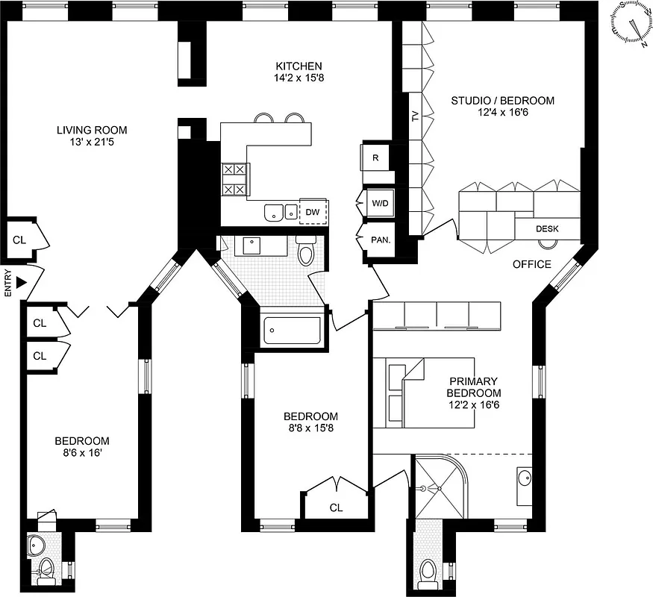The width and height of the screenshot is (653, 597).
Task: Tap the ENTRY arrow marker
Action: coord(22,281)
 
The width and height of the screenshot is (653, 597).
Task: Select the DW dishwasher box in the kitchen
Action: coord(313,212)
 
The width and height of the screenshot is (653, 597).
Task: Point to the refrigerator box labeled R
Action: coord(375,157)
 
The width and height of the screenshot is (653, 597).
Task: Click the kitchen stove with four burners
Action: coord(234,180)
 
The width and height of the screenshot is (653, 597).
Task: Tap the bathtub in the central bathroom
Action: coord(293,328)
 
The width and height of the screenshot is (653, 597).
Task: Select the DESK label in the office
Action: coord(548,229)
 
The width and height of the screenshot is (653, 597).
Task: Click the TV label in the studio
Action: coord(415,117)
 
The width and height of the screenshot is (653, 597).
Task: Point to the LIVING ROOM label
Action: coord(91,131)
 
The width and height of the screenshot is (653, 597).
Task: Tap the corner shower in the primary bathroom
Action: coord(440,487)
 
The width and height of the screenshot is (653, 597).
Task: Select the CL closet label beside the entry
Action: coord(19,240)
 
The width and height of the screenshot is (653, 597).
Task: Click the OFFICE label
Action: coord(531,264)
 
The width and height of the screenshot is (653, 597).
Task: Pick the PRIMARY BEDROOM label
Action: coord(473,387)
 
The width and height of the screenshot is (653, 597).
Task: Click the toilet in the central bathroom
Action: coord(307,252)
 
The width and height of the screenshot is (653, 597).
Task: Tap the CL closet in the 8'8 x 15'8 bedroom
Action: coord(336,507)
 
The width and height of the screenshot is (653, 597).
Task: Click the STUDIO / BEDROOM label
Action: coord(502,100)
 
